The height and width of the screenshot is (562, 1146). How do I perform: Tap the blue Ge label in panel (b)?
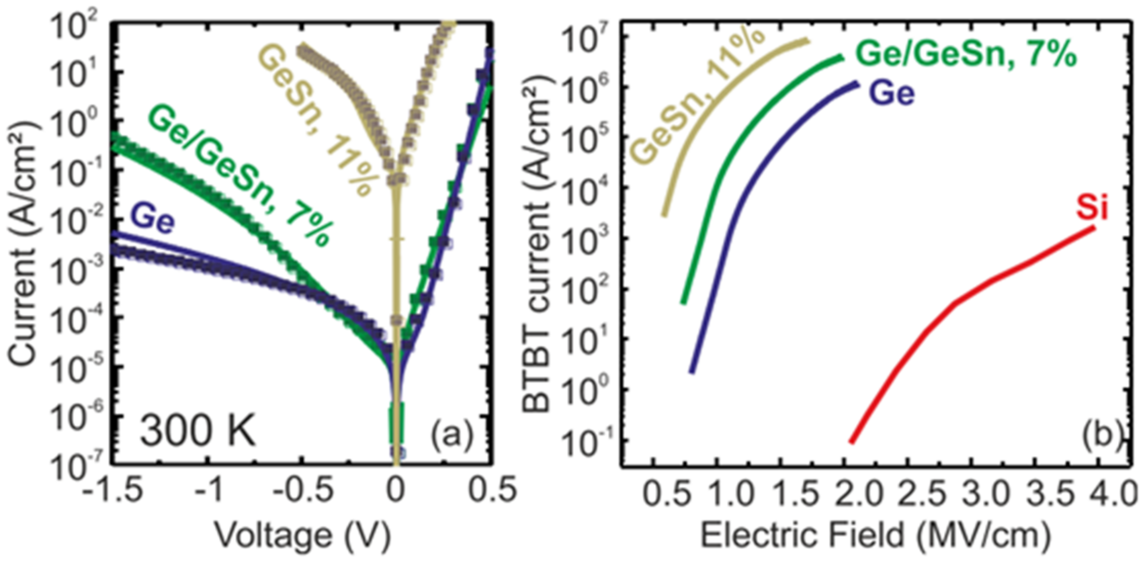[892, 94]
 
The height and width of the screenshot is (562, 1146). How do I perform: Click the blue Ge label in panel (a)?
[153, 220]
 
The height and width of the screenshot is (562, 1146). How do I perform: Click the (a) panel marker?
[451, 436]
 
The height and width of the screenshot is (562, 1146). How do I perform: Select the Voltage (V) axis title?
[303, 536]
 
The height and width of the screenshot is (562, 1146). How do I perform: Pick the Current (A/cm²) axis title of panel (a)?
[23, 244]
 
